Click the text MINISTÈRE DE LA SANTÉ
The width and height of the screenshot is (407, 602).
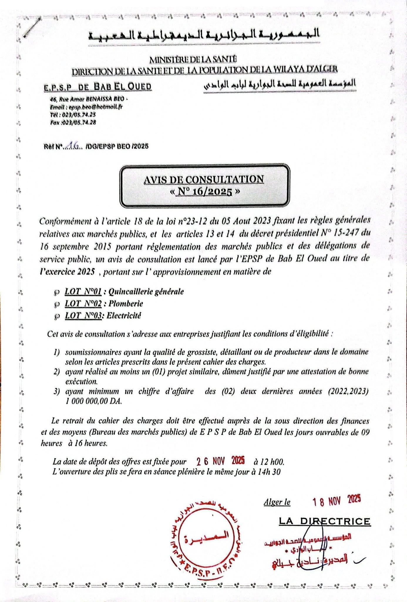pyautogui.click(x=193, y=59)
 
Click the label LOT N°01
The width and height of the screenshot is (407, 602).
pyautogui.click(x=83, y=292)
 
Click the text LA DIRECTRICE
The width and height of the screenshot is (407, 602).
pyautogui.click(x=324, y=521)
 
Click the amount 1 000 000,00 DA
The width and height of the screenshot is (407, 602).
pyautogui.click(x=94, y=401)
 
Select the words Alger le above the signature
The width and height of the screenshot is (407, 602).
pyautogui.click(x=277, y=502)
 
